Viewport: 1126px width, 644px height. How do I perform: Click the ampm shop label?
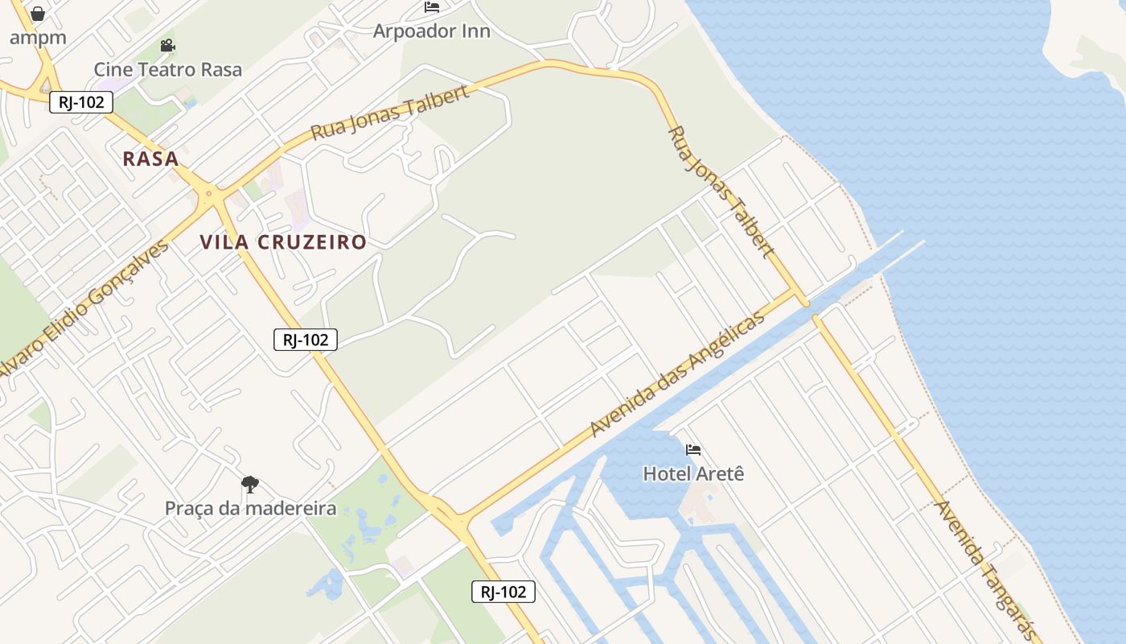[38, 37]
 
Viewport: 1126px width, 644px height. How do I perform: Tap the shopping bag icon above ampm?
[38, 14]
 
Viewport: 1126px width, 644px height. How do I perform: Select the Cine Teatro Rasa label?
[167, 69]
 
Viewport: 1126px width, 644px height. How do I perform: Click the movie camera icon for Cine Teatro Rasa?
[167, 46]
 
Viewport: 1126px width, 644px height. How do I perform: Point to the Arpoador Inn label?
[431, 31]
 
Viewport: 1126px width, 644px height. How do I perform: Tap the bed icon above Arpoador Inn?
[432, 8]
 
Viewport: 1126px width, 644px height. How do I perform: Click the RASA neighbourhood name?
[150, 159]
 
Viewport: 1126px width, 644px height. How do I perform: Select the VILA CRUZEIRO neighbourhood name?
[283, 242]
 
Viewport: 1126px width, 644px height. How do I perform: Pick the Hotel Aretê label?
[693, 473]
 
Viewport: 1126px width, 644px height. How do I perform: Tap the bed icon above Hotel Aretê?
[693, 449]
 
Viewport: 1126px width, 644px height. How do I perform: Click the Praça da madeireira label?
[250, 508]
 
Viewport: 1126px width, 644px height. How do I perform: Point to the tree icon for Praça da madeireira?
[250, 485]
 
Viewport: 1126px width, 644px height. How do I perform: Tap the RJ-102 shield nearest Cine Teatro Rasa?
[81, 102]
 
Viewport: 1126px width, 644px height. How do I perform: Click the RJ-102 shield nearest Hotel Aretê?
[503, 592]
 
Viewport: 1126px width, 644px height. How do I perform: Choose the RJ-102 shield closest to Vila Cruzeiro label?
[306, 340]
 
